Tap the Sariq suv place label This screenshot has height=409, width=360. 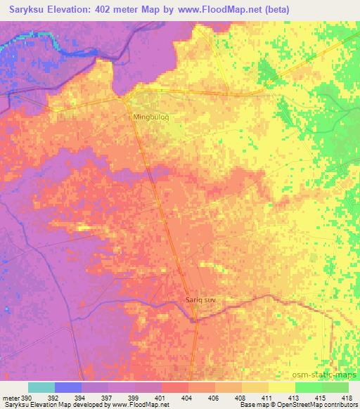point(200,299)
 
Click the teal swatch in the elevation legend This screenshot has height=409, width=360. point(41,387)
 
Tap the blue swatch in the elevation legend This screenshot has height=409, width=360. point(68,387)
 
